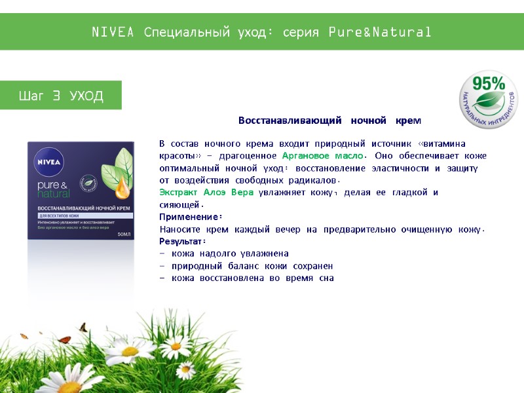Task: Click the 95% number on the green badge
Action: pos(489,84)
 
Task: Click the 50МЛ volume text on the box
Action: pos(124,234)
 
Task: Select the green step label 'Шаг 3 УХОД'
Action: pos(61,96)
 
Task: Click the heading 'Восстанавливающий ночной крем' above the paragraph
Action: pos(329,121)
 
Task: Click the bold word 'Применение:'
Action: pos(191,217)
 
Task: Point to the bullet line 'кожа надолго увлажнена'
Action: pos(230,253)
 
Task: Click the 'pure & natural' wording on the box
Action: pos(54,189)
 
